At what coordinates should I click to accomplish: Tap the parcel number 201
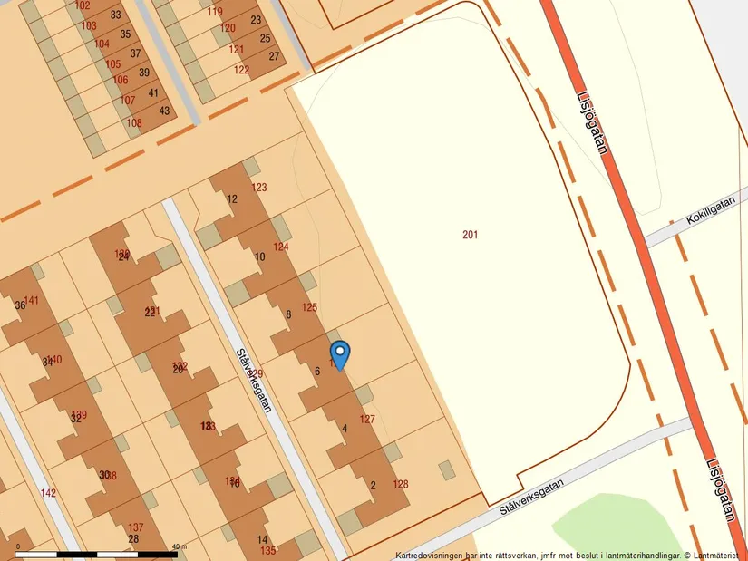(x=470, y=236)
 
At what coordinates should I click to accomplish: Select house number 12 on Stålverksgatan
(x=232, y=199)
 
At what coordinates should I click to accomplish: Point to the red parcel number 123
(x=259, y=188)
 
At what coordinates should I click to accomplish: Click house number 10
(x=260, y=257)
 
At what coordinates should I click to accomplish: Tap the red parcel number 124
(x=281, y=247)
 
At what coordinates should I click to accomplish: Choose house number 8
(x=288, y=314)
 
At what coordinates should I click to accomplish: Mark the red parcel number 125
(x=309, y=308)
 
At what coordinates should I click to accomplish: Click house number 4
(x=345, y=429)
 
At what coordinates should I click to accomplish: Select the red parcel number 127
(x=367, y=420)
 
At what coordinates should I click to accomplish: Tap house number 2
(x=373, y=486)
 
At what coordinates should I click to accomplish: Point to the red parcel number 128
(x=401, y=485)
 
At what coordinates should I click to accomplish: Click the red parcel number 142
(x=48, y=493)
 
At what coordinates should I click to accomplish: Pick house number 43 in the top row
(x=164, y=111)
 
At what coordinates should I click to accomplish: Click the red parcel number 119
(x=215, y=12)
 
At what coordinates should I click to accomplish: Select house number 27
(x=275, y=56)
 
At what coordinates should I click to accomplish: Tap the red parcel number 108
(x=134, y=123)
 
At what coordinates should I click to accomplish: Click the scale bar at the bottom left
(x=95, y=552)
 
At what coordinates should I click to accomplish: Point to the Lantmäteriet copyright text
(x=569, y=554)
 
